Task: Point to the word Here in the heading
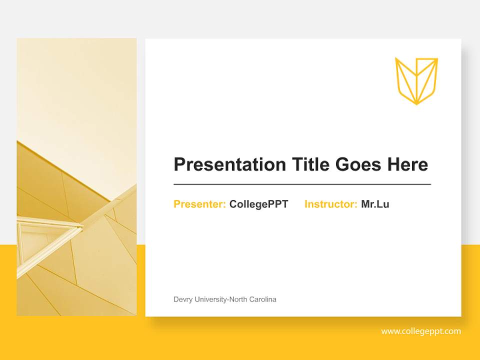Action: pyautogui.click(x=407, y=164)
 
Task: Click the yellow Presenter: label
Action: pyautogui.click(x=199, y=204)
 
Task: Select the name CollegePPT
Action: pyautogui.click(x=258, y=204)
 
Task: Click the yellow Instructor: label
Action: pyautogui.click(x=330, y=204)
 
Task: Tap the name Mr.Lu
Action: pyautogui.click(x=375, y=204)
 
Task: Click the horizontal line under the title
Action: pyautogui.click(x=302, y=184)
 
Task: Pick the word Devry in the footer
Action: pyautogui.click(x=182, y=299)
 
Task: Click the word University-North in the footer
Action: pyautogui.click(x=220, y=299)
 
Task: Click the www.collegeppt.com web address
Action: pyautogui.click(x=421, y=331)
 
